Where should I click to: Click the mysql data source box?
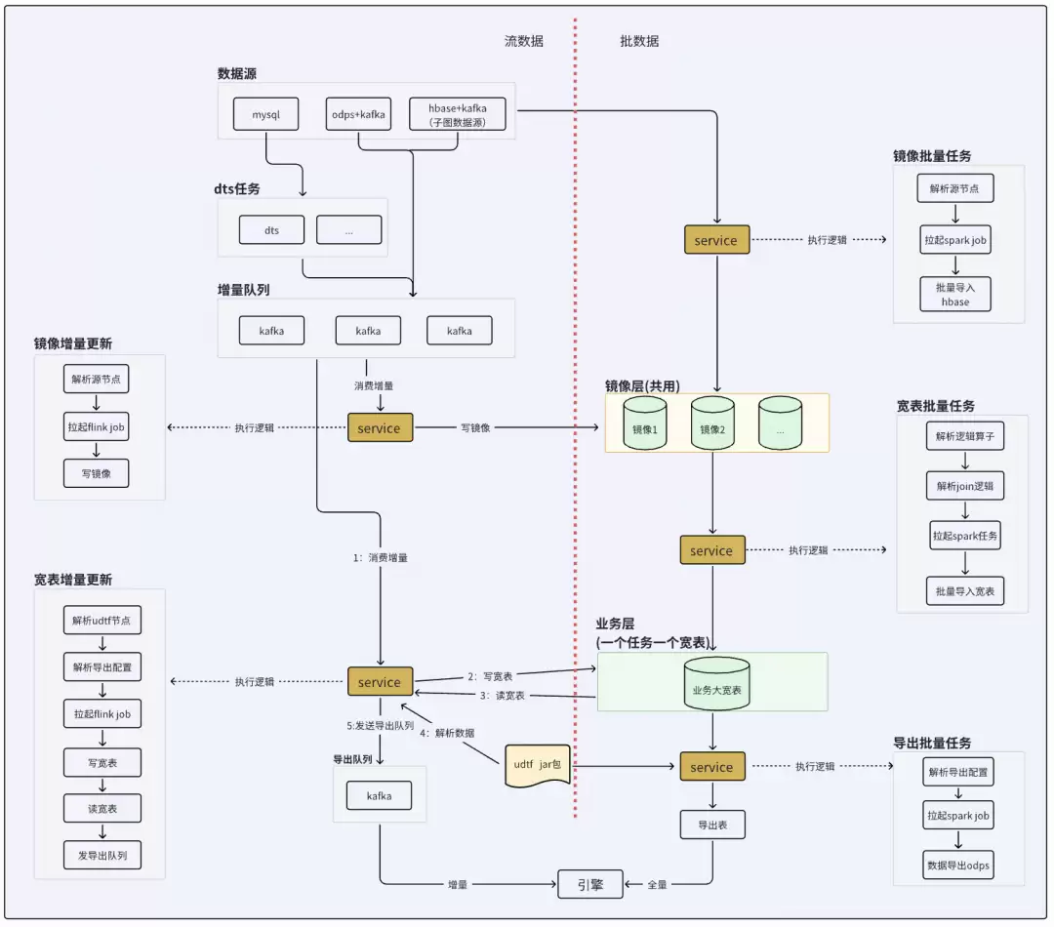265,114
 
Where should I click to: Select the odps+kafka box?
358,114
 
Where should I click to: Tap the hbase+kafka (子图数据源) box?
458,114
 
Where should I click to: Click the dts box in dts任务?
271,230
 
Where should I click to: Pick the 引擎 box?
589,885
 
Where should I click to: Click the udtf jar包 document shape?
537,767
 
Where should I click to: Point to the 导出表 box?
712,826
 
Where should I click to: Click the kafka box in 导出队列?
379,796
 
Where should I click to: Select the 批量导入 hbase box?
955,295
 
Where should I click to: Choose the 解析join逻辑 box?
964,486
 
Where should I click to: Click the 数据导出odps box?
957,865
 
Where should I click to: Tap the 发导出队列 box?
101,857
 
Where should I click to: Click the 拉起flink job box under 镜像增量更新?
96,426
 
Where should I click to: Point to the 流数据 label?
524,41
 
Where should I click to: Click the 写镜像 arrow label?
475,428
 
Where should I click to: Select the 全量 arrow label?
658,885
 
